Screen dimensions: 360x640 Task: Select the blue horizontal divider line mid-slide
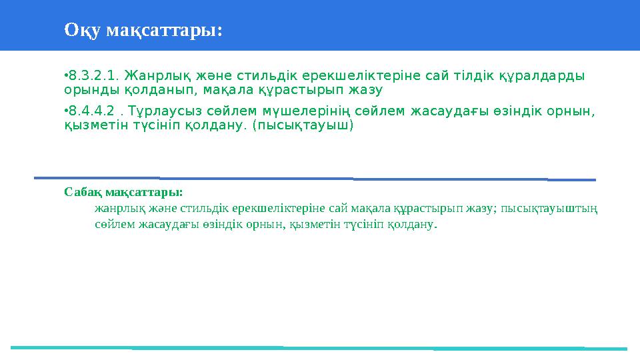(313, 179)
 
